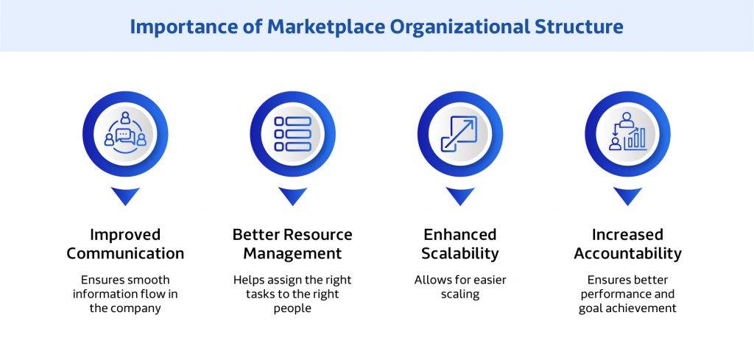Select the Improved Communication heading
tap(125, 244)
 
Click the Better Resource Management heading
tap(292, 244)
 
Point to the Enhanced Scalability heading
tap(460, 244)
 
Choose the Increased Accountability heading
tap(627, 244)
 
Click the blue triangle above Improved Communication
tap(125, 196)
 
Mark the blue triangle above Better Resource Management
tap(292, 196)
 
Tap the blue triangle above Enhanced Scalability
tap(460, 196)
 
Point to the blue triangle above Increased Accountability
tap(627, 196)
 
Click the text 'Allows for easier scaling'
tap(460, 287)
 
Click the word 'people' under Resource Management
tap(292, 308)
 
